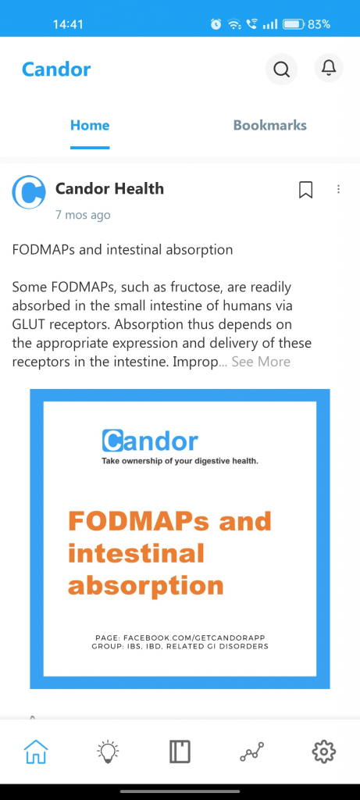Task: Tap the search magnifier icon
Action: click(281, 69)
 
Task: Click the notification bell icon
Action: click(329, 67)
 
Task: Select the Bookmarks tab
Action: click(269, 126)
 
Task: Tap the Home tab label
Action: click(90, 126)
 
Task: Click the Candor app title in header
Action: click(56, 70)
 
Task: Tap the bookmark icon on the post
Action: click(305, 190)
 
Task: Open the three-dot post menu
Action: click(338, 189)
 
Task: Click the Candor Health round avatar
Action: click(29, 192)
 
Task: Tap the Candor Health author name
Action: click(109, 189)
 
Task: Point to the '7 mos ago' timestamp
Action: click(83, 215)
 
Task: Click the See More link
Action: click(261, 362)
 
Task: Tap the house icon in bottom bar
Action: click(36, 752)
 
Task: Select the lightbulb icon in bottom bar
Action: click(108, 752)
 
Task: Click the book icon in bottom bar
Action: click(180, 752)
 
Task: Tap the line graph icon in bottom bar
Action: click(252, 752)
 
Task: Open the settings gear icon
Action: click(324, 752)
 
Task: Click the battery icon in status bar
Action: click(294, 24)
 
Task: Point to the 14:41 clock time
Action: click(68, 24)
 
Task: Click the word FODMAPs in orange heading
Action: click(140, 521)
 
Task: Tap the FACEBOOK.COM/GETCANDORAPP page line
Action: click(180, 637)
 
